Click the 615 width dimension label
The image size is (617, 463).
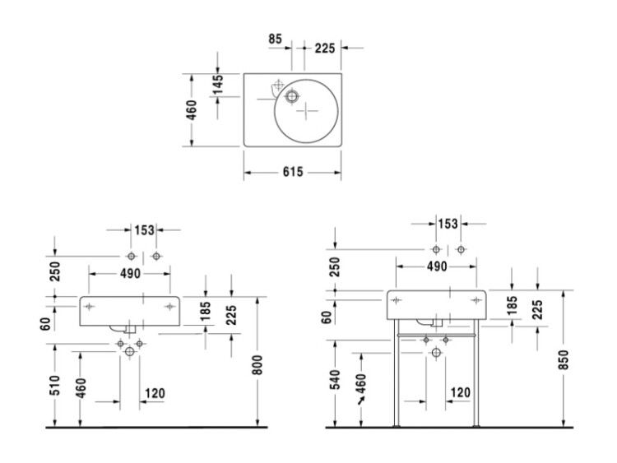(x=293, y=172)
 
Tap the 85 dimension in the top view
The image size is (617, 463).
(x=276, y=39)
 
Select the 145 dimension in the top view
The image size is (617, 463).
(x=217, y=85)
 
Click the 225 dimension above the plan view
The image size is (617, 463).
(x=325, y=49)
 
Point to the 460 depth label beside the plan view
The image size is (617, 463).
(x=191, y=110)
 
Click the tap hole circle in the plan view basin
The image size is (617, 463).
(x=291, y=96)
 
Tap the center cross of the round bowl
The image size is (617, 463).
(x=307, y=111)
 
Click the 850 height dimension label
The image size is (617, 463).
(x=564, y=359)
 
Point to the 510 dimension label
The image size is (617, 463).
(x=54, y=386)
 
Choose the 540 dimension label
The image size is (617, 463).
(x=336, y=379)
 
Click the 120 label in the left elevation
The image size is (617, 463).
(x=155, y=393)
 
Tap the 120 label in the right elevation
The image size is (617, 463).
(x=460, y=392)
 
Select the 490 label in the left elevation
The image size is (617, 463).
(x=130, y=273)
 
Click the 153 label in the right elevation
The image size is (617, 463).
(x=448, y=224)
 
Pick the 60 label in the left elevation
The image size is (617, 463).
(x=45, y=324)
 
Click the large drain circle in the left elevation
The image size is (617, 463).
(x=129, y=351)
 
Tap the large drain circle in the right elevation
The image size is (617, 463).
(x=436, y=353)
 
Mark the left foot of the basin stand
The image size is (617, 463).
(x=397, y=426)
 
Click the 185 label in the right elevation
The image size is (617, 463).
(x=512, y=305)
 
